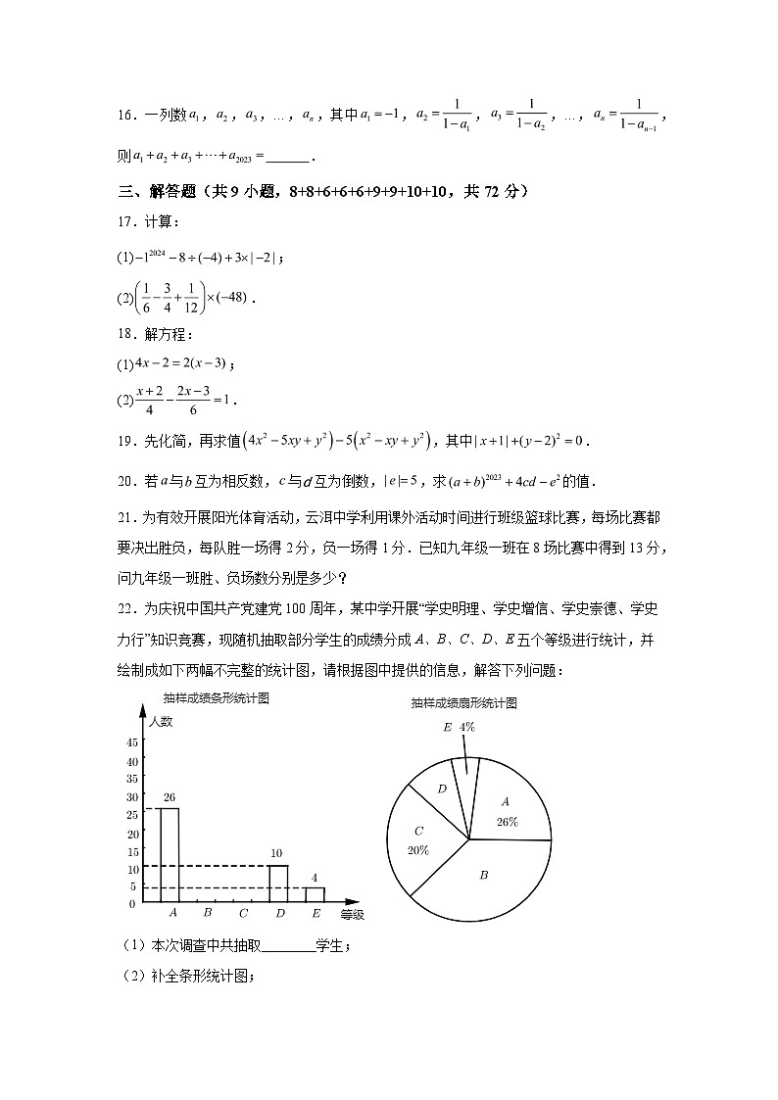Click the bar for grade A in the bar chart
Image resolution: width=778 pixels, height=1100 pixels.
coord(170,854)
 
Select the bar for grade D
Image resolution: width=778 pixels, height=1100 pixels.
coord(278,884)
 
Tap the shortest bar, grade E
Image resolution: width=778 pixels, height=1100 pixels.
coord(315,894)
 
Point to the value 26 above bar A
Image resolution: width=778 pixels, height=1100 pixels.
coord(170,797)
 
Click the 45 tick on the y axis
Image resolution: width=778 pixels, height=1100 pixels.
coord(131,741)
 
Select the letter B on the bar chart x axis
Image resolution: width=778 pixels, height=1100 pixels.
coord(208,914)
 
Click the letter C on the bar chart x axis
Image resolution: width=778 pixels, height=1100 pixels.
coord(243,914)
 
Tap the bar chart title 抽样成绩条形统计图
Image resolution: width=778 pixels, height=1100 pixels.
coord(217,698)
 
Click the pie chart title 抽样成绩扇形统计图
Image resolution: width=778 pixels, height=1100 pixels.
coord(463,703)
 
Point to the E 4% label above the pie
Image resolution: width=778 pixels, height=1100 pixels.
coord(459,728)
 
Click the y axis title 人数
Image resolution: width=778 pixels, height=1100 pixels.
coord(161,722)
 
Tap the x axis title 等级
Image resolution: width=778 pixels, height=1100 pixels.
coord(352,915)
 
